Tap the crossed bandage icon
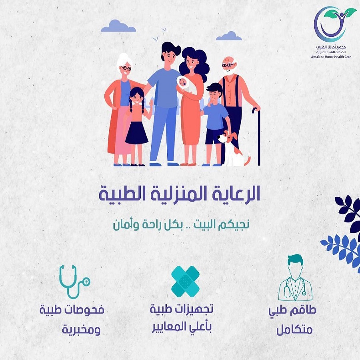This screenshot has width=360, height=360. (x=186, y=281)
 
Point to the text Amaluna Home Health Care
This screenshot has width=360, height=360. (x=331, y=57)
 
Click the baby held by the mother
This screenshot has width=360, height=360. (x=184, y=84)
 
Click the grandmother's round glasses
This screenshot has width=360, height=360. (x=126, y=68)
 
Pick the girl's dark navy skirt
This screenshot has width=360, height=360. (x=137, y=133)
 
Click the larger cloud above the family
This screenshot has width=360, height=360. (x=118, y=26)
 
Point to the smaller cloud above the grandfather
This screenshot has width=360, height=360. (x=229, y=36)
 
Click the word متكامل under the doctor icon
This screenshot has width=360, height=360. (x=294, y=330)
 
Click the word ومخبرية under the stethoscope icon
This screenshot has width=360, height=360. (x=82, y=330)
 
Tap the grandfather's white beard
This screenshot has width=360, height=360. (x=229, y=70)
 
